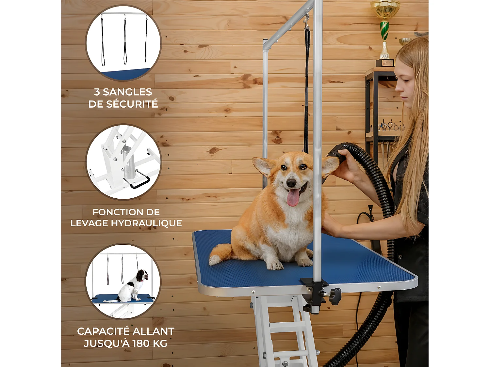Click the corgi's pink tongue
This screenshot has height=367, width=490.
tap(293, 198)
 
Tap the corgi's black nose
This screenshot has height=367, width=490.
tap(291, 183)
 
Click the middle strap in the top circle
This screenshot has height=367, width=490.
tap(125, 40)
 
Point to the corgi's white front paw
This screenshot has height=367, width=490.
tap(275, 265)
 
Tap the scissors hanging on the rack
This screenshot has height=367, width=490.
tap(390, 126)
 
